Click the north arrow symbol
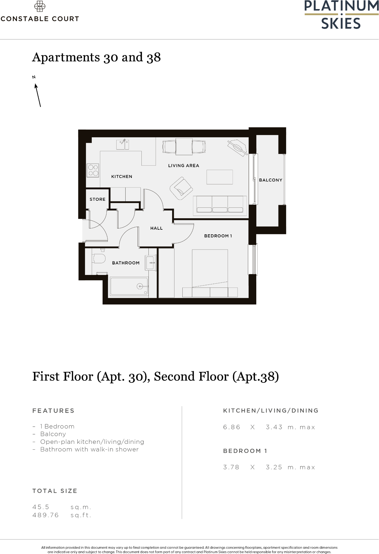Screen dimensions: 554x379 point(37,95)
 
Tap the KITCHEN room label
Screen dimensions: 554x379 point(122,176)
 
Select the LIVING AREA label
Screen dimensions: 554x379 point(184,166)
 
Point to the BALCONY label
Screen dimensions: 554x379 point(271,180)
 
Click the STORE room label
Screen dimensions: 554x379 point(97,199)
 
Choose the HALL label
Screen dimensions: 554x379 point(156,228)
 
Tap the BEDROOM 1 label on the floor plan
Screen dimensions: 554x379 point(218,236)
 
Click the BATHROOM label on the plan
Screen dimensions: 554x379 point(126,263)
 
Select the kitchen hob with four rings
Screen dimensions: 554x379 point(93,170)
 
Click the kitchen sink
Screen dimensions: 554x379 point(122,145)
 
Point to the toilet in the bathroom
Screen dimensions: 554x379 point(99,258)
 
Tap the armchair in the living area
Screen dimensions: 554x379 point(181,188)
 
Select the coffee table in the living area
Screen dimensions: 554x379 point(220,177)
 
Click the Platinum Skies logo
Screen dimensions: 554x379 point(341,15)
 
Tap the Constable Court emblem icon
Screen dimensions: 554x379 point(40,6)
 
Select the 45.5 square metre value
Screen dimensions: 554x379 point(41,507)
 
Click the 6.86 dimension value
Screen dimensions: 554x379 point(231,427)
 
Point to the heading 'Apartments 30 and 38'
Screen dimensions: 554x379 point(96,57)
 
